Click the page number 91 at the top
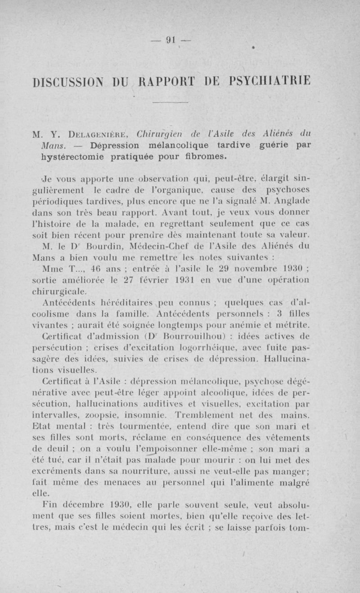click(x=170, y=40)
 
